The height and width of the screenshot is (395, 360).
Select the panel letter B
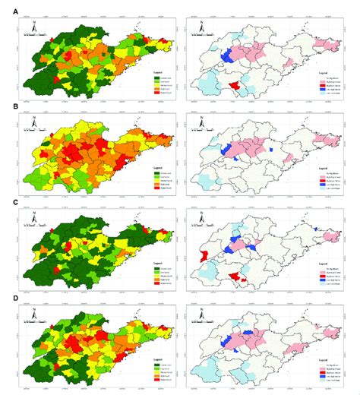(x=7, y=106)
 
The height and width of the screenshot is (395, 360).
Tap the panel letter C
(x=7, y=204)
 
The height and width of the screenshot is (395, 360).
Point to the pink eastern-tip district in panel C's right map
(x=333, y=234)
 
